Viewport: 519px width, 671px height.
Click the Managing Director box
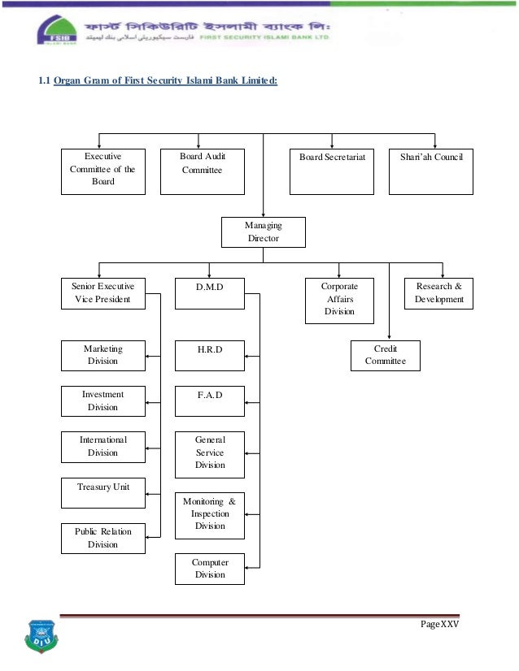coord(263,232)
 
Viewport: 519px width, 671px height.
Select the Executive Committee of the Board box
coord(103,171)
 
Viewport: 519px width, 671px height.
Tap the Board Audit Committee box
coord(202,171)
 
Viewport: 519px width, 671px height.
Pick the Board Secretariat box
coord(332,171)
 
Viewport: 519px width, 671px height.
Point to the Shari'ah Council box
coord(431,171)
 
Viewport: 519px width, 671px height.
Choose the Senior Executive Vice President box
coord(103,293)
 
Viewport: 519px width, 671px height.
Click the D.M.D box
coord(210,293)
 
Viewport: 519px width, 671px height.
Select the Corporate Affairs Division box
coord(339,300)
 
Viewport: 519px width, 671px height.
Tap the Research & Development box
coord(438,293)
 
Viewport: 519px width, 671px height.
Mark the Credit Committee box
coord(385,355)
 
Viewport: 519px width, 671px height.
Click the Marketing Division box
coord(103,355)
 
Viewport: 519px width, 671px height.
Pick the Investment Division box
coord(103,400)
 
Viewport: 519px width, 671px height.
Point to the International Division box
coord(103,446)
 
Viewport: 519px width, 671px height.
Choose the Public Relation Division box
coord(103,538)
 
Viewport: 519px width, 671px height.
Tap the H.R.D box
coord(210,355)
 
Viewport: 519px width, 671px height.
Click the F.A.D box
coord(210,400)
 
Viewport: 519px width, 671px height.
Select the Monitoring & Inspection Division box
coord(210,514)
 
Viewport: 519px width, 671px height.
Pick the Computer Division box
coord(210,569)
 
